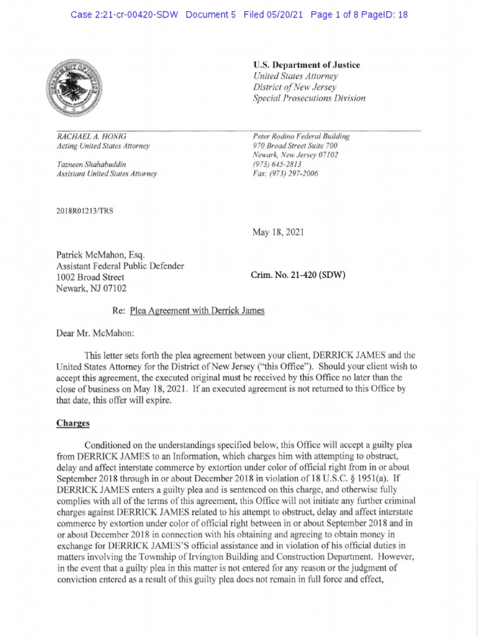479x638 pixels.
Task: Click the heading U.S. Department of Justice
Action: [x=306, y=65]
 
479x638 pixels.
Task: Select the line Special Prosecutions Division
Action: [x=309, y=98]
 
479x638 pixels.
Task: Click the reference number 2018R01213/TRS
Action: [x=85, y=211]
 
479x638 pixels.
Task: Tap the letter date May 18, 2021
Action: [x=278, y=232]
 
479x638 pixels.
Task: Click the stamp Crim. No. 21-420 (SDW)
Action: [x=298, y=275]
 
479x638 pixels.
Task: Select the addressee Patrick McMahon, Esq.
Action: [x=100, y=254]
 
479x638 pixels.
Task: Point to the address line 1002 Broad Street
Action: [x=90, y=277]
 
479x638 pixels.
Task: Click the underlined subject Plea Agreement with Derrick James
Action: [x=196, y=310]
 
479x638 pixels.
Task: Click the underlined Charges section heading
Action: [x=73, y=423]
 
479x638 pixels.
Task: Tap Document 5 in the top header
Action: [x=210, y=14]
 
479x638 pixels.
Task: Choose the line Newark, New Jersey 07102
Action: [x=295, y=155]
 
